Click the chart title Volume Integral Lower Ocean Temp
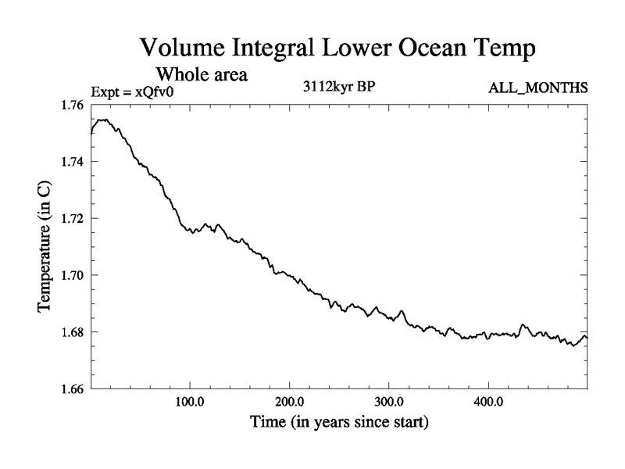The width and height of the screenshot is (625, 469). point(338,49)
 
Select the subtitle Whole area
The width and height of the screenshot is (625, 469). point(202,75)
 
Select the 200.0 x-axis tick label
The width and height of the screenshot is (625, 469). point(290,403)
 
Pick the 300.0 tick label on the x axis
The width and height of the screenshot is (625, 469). point(389,403)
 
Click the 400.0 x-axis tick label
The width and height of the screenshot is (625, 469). point(488,403)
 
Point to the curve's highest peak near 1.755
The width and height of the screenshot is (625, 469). point(103,120)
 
